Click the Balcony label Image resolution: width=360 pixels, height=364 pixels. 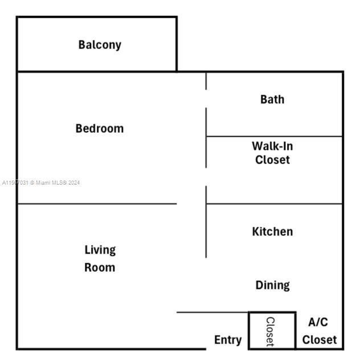click(x=100, y=45)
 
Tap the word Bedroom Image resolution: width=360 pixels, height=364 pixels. click(x=100, y=129)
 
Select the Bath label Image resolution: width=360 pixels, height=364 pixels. click(x=272, y=99)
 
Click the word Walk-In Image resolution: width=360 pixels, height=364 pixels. click(x=272, y=146)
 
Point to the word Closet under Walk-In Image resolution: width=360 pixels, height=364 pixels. click(x=272, y=160)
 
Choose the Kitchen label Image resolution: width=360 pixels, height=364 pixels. click(x=272, y=231)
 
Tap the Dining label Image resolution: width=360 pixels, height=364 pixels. click(x=272, y=285)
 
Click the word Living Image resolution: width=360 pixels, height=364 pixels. click(x=100, y=250)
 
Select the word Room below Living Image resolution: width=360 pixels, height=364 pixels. click(x=100, y=267)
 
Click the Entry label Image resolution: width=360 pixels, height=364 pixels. click(x=228, y=340)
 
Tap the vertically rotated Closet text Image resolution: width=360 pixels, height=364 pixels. click(x=271, y=331)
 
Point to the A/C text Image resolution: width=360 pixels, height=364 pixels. click(x=318, y=322)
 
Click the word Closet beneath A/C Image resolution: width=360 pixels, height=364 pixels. click(x=319, y=340)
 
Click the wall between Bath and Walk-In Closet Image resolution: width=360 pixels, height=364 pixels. click(x=273, y=136)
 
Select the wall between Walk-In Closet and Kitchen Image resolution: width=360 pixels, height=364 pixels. click(x=273, y=203)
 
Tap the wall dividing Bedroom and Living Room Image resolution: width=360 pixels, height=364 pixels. click(x=97, y=203)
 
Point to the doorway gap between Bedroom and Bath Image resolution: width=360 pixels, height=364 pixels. click(x=206, y=99)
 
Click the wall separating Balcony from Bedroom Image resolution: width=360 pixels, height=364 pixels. click(x=97, y=71)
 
